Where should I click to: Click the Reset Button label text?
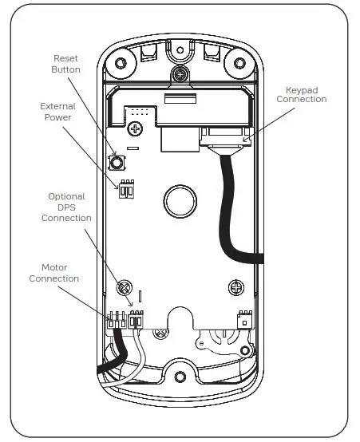[x=65, y=64]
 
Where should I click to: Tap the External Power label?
[x=57, y=112]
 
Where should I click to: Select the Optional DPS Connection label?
[x=66, y=207]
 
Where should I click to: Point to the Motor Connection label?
[x=54, y=273]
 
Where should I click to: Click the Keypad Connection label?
[x=302, y=95]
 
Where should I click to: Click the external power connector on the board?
[x=126, y=189]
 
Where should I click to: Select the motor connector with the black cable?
[x=117, y=320]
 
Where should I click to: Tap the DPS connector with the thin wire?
[x=136, y=319]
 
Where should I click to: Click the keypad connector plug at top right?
[x=225, y=136]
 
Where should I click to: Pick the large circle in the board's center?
[x=180, y=202]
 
